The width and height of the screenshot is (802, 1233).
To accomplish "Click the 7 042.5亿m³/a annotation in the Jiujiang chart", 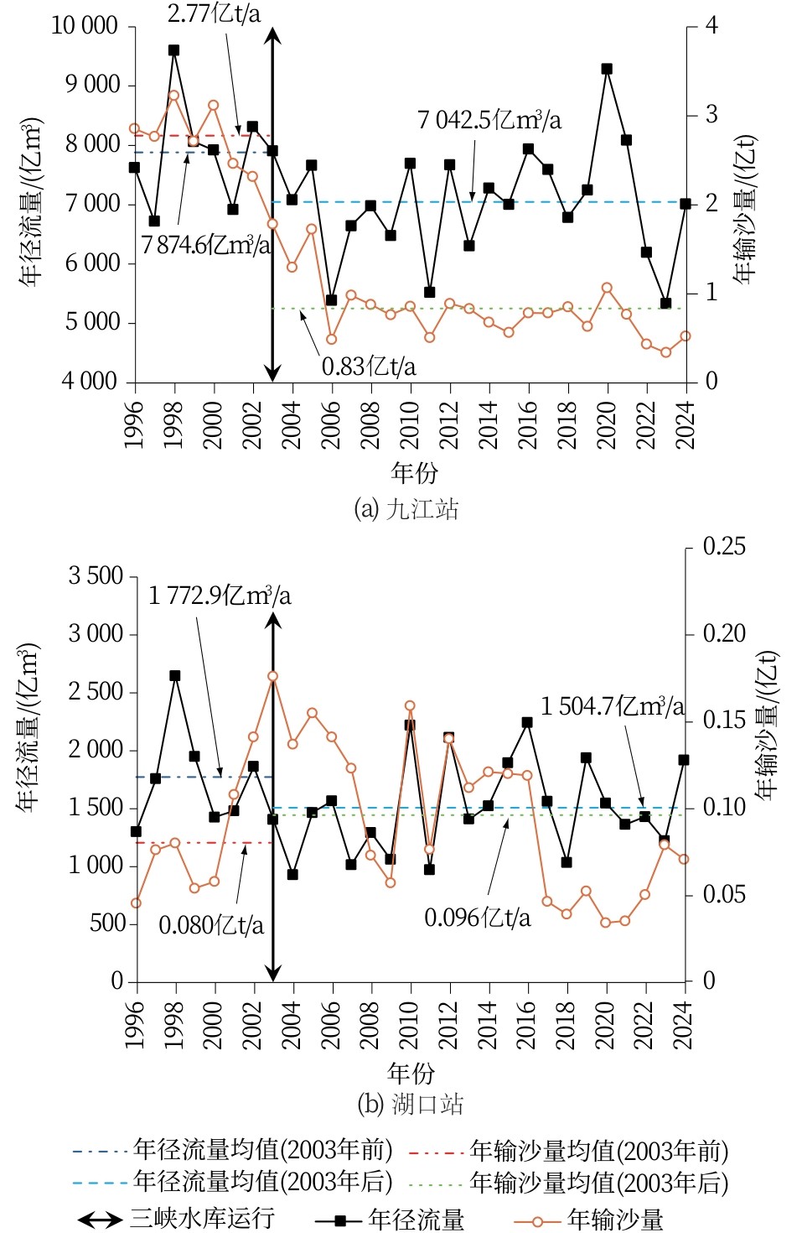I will coord(489,120).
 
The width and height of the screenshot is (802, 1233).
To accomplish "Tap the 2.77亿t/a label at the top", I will coord(214,13).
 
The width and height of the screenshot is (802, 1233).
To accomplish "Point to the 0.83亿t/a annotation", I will coord(369,367).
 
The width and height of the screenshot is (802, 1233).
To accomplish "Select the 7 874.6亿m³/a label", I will coord(206,245).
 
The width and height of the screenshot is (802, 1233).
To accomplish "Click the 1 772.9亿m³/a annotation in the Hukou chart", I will coord(220,596).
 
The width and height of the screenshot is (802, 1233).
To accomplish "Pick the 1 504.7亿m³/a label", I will coord(612,706).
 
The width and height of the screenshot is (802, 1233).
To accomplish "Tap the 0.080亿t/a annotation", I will coord(211,925).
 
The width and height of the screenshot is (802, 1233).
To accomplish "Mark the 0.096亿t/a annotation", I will coord(478,918).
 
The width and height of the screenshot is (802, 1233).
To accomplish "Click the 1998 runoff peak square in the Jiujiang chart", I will coord(174,50).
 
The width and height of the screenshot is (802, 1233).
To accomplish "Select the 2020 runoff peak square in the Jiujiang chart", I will coord(607,69).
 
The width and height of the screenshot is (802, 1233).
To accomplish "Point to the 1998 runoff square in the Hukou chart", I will coord(175,675).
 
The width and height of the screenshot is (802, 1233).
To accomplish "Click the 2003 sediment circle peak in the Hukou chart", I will coord(273,676).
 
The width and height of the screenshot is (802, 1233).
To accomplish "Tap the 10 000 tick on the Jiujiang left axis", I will coord(85,25).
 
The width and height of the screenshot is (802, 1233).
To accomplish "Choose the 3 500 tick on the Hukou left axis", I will coord(96,576).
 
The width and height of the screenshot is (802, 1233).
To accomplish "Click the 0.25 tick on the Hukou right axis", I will coord(724,547).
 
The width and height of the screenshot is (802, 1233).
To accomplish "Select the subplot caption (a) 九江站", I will coord(406,509).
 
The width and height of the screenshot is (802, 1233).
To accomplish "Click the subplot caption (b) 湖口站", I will coord(411,1104).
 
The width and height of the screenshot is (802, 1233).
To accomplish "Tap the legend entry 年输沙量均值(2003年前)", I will coord(598,1151).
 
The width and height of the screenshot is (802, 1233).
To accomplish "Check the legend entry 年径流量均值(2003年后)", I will coord(263,1182).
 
